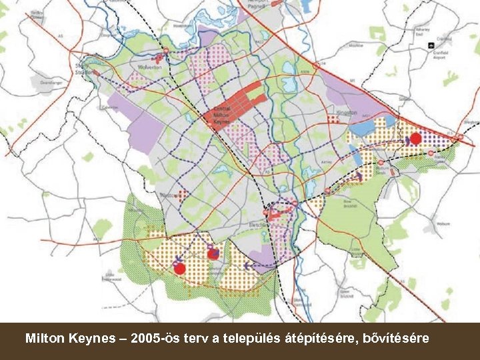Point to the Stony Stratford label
pos(84,69)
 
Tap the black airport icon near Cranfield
pos(431,45)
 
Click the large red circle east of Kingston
pos(415,139)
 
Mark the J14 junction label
pos(323,64)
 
